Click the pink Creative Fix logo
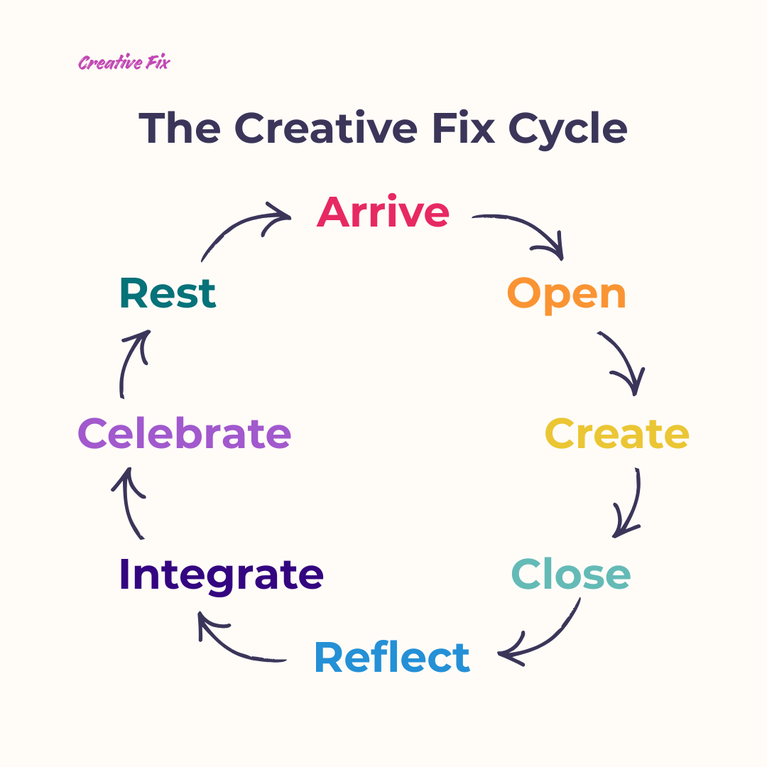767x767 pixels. [x=124, y=62]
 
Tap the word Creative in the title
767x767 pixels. [x=326, y=128]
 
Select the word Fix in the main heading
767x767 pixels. [x=462, y=128]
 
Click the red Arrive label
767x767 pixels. [x=383, y=212]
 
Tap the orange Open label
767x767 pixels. [x=566, y=294]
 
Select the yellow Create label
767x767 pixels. [x=616, y=434]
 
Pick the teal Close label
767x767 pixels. [x=571, y=575]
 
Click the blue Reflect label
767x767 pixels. [x=392, y=658]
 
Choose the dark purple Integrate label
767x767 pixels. [x=221, y=575]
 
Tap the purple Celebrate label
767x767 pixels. [x=185, y=434]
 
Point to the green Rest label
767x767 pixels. [x=168, y=293]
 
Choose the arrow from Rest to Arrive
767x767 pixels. [x=241, y=227]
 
